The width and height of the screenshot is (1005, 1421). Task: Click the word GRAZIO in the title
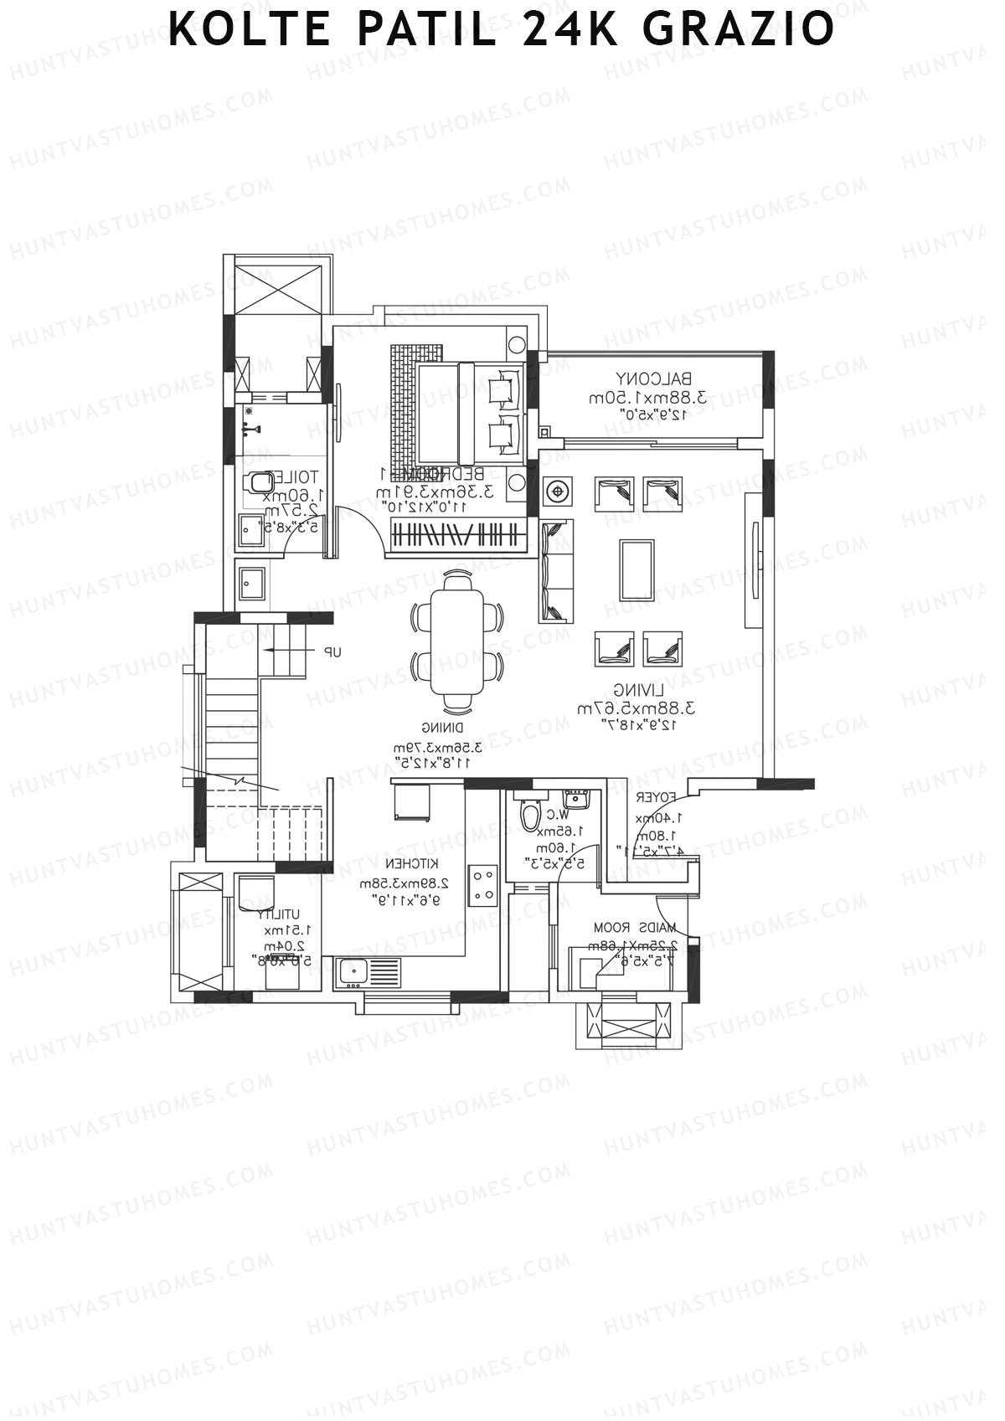coord(740,30)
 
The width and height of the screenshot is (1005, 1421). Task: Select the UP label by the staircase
coord(332,651)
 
